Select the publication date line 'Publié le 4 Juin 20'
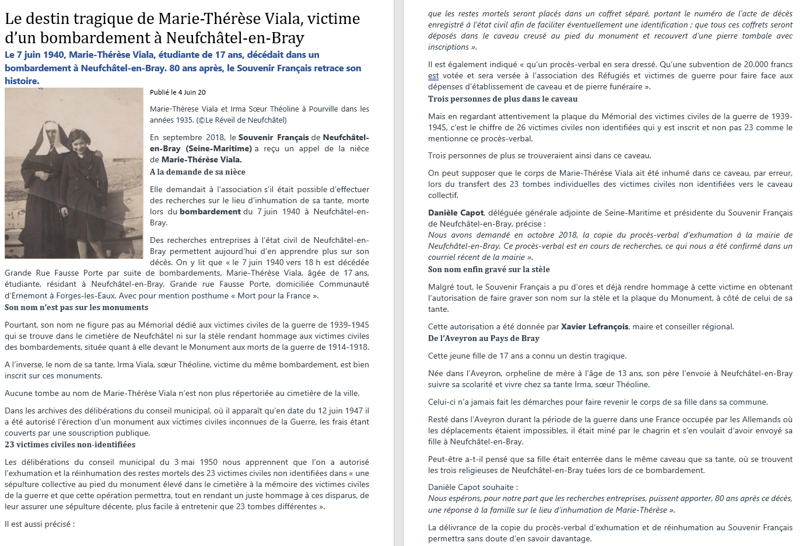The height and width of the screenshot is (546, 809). click(177, 92)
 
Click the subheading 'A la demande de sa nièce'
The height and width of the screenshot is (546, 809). click(197, 172)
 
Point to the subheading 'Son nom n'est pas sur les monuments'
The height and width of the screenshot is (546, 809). click(76, 307)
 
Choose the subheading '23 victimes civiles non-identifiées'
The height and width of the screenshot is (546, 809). click(70, 444)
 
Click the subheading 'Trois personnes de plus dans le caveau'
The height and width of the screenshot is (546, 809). click(503, 99)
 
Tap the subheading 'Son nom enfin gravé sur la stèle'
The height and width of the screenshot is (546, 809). click(489, 269)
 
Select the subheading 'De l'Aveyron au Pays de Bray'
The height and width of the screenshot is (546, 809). click(484, 338)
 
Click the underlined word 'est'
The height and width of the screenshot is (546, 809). click(433, 76)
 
